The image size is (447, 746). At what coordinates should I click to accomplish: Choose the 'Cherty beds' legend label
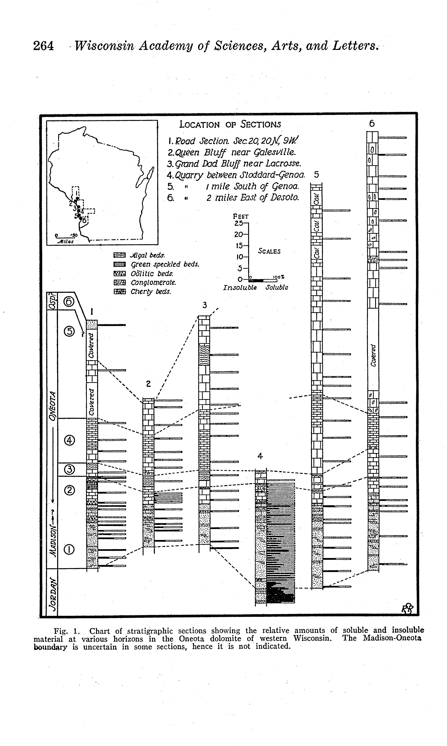[x=151, y=292]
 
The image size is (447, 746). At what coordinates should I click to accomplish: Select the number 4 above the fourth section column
[x=260, y=456]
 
